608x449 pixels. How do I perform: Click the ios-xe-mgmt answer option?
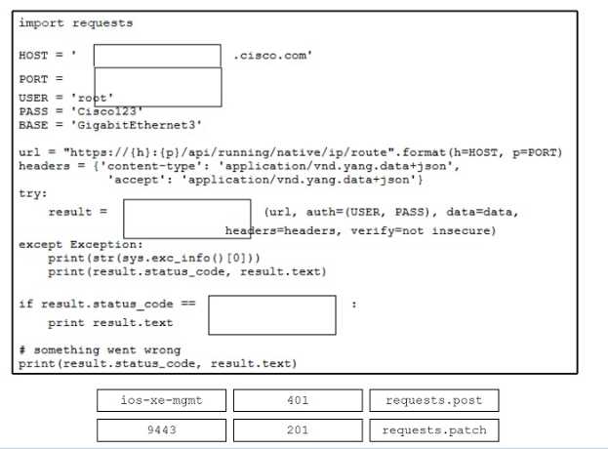pyautogui.click(x=161, y=400)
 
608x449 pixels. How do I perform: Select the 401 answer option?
pyautogui.click(x=298, y=400)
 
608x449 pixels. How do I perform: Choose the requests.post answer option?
pyautogui.click(x=433, y=400)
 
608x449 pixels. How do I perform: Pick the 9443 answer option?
pyautogui.click(x=161, y=429)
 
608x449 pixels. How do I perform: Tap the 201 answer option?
pyautogui.click(x=298, y=429)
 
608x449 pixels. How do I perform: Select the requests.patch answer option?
pyautogui.click(x=433, y=429)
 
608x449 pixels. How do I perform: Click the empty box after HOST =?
pyautogui.click(x=157, y=56)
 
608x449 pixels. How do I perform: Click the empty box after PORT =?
pyautogui.click(x=157, y=87)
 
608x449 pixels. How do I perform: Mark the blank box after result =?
pyautogui.click(x=186, y=219)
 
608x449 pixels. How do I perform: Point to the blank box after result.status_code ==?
pyautogui.click(x=271, y=315)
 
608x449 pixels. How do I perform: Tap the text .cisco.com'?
pyautogui.click(x=273, y=56)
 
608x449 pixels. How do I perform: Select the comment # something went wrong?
pyautogui.click(x=100, y=349)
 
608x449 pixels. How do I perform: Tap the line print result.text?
pyautogui.click(x=110, y=322)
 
